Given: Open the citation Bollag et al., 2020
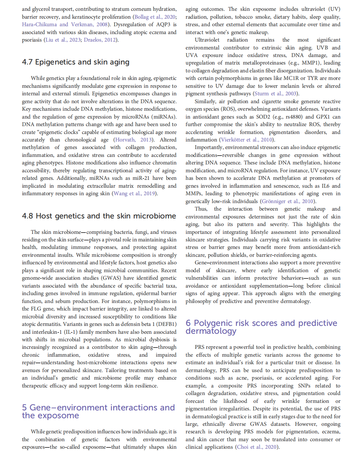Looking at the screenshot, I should pyautogui.click(x=155, y=17).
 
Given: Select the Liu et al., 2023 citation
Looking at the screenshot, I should pyautogui.click(x=63, y=40).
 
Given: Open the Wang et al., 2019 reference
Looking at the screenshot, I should pyautogui.click(x=134, y=194).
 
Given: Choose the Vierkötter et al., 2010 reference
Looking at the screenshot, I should pyautogui.click(x=247, y=140).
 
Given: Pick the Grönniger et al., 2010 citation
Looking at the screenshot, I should pyautogui.click(x=288, y=201).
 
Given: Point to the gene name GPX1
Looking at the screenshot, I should pyautogui.click(x=322, y=117).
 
